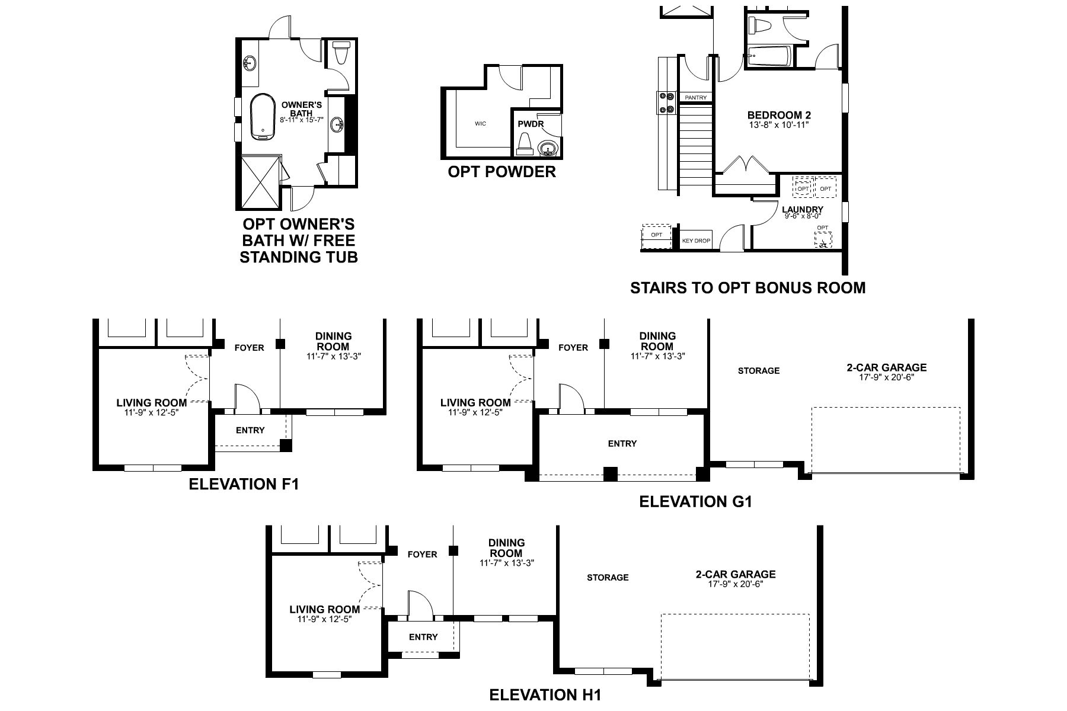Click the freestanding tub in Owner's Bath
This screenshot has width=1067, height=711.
click(262, 117)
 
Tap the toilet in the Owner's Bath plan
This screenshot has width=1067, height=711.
click(340, 53)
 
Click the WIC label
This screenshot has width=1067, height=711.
click(480, 124)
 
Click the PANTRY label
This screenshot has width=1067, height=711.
click(695, 97)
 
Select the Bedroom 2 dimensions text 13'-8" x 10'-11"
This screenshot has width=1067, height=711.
click(778, 125)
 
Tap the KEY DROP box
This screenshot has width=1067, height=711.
click(695, 241)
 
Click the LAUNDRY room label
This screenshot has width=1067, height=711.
click(802, 209)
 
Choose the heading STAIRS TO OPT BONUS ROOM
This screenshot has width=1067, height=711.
click(747, 288)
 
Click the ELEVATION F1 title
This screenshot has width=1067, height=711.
click(244, 484)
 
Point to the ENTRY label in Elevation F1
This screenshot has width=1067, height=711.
click(250, 430)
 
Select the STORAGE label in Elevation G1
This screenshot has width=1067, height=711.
click(758, 371)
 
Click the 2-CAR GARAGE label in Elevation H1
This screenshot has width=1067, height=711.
click(735, 574)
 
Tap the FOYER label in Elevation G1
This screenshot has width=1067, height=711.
click(573, 348)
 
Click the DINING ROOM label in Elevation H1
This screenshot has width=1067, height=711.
click(506, 547)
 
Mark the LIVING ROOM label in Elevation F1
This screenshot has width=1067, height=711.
click(151, 403)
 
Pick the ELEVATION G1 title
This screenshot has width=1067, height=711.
click(695, 502)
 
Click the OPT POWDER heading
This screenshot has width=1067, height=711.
click(501, 172)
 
